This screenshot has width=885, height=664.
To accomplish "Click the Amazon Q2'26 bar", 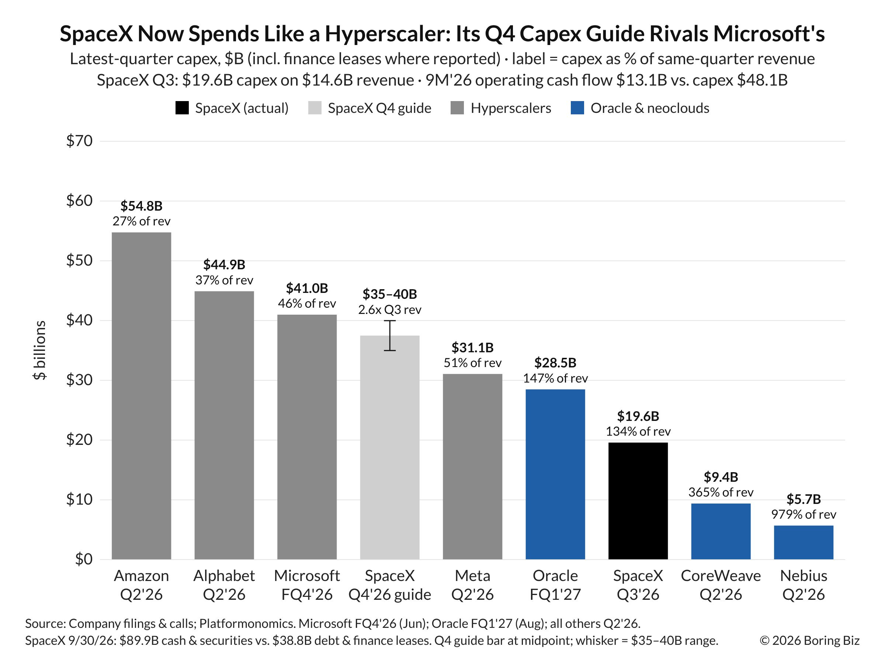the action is (141, 395).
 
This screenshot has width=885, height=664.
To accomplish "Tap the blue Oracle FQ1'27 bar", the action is (555, 474).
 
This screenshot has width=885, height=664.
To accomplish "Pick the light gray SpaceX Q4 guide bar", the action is (390, 447).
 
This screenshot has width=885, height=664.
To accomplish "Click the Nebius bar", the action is (804, 542).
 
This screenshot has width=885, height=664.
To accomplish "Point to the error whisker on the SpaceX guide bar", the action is (390, 335).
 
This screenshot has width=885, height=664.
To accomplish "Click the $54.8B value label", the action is (141, 206).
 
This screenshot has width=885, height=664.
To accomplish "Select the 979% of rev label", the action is (804, 514).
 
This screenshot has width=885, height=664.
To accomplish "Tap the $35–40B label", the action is (390, 294).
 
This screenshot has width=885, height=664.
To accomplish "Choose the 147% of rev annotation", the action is (555, 378).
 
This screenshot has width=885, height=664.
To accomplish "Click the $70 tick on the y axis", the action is (79, 141).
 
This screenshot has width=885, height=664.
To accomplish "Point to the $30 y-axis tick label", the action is (79, 380).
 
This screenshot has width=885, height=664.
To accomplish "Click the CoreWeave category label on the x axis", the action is (721, 576).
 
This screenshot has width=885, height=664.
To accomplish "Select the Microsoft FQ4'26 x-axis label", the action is (307, 585).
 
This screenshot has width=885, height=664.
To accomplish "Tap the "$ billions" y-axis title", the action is (39, 350).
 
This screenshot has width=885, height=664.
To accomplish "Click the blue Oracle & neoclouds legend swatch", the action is (577, 108).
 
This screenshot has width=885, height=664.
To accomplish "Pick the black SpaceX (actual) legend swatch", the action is (182, 108).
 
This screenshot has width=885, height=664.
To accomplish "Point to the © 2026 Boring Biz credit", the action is (809, 640).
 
